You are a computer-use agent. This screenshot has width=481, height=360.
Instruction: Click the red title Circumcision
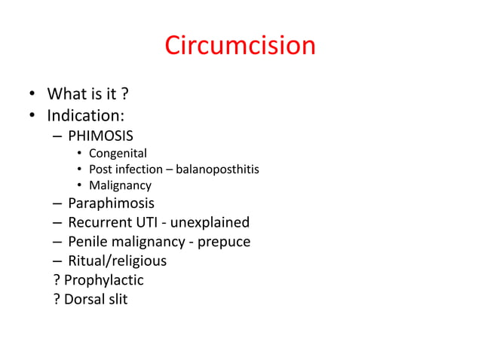pyautogui.click(x=240, y=46)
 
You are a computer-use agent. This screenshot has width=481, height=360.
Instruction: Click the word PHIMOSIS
pyautogui.click(x=100, y=136)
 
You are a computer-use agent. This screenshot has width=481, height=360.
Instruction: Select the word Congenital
pyautogui.click(x=118, y=154)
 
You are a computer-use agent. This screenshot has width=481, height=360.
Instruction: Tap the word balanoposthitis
pyautogui.click(x=219, y=169)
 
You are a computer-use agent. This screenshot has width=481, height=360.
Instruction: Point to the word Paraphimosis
pyautogui.click(x=111, y=203)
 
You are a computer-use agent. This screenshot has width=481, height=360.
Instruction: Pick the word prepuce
pyautogui.click(x=224, y=242)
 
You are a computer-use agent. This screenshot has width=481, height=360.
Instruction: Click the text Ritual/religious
pyautogui.click(x=117, y=261)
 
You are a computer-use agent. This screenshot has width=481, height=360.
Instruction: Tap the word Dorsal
pyautogui.click(x=87, y=300)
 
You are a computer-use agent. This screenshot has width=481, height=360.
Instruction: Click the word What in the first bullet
pyautogui.click(x=66, y=95)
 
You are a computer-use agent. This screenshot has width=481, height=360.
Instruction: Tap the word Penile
pyautogui.click(x=87, y=242)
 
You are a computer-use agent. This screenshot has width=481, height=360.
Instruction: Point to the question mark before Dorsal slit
pyautogui.click(x=57, y=300)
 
